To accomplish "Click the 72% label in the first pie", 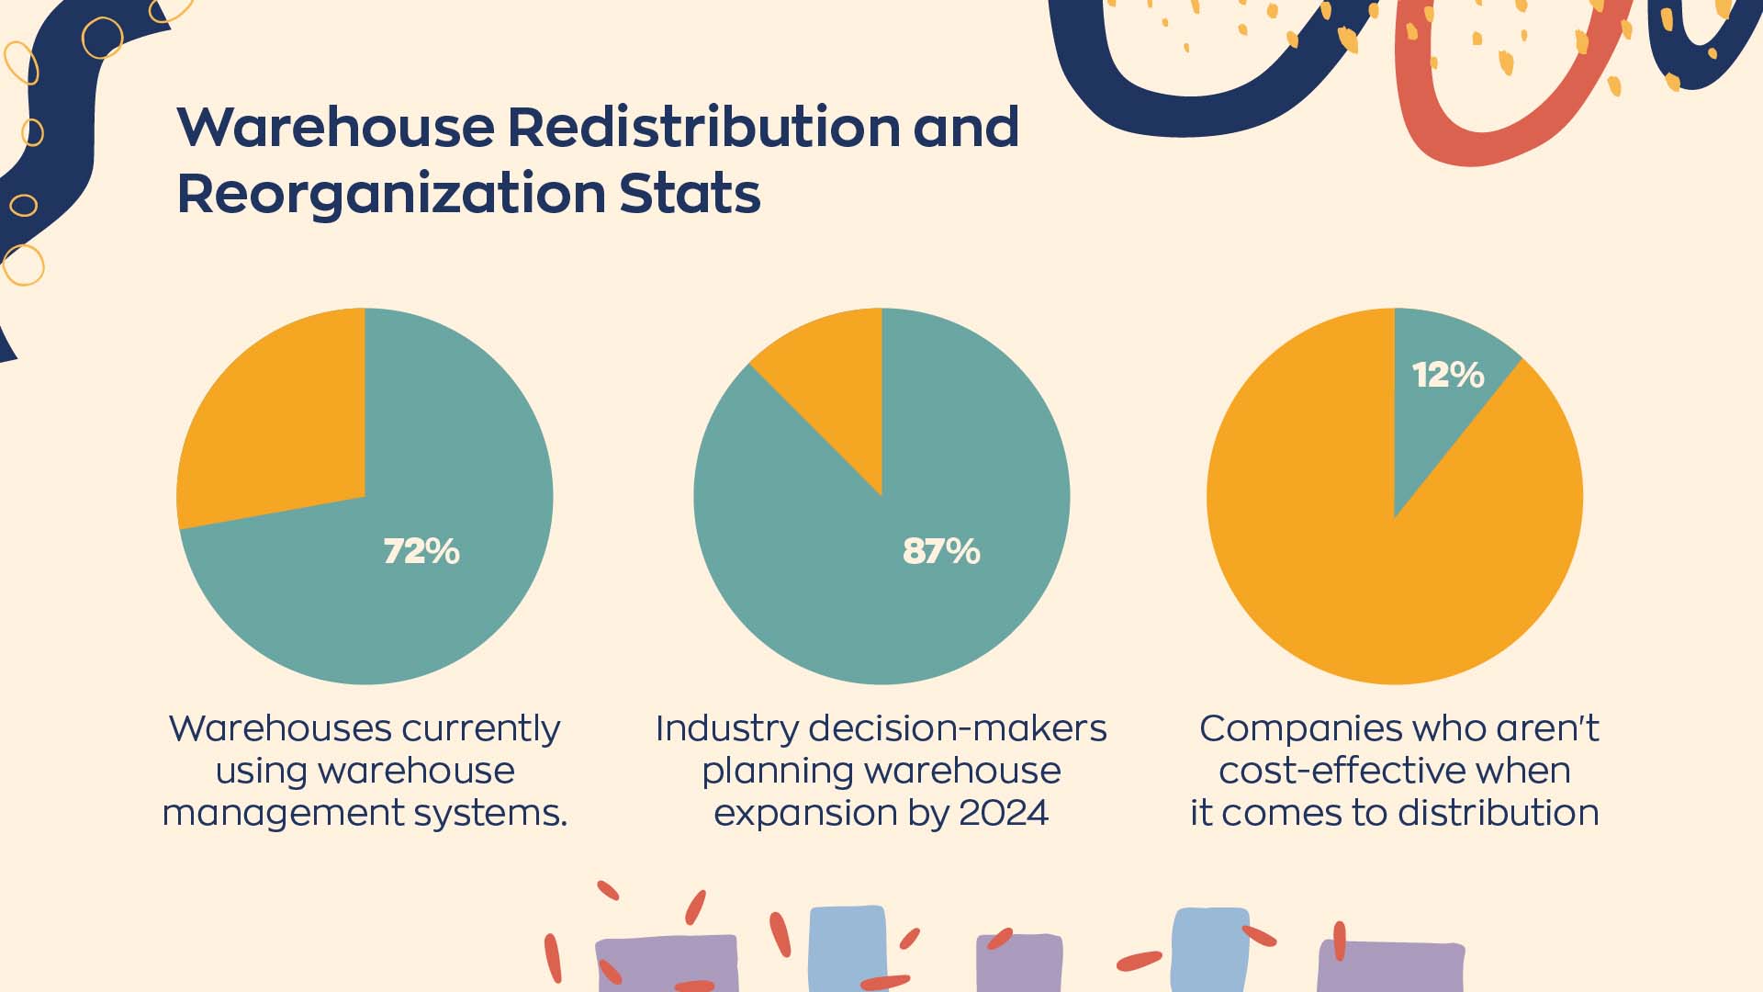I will tap(421, 551).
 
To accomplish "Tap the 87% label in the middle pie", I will tap(941, 551).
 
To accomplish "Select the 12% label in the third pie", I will tap(1448, 375).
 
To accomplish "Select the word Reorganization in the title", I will tap(390, 195).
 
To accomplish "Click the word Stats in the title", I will tap(690, 195).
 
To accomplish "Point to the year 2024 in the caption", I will tap(1003, 813).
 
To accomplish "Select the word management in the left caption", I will tap(275, 813).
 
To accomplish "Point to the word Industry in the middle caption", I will tap(726, 728).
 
